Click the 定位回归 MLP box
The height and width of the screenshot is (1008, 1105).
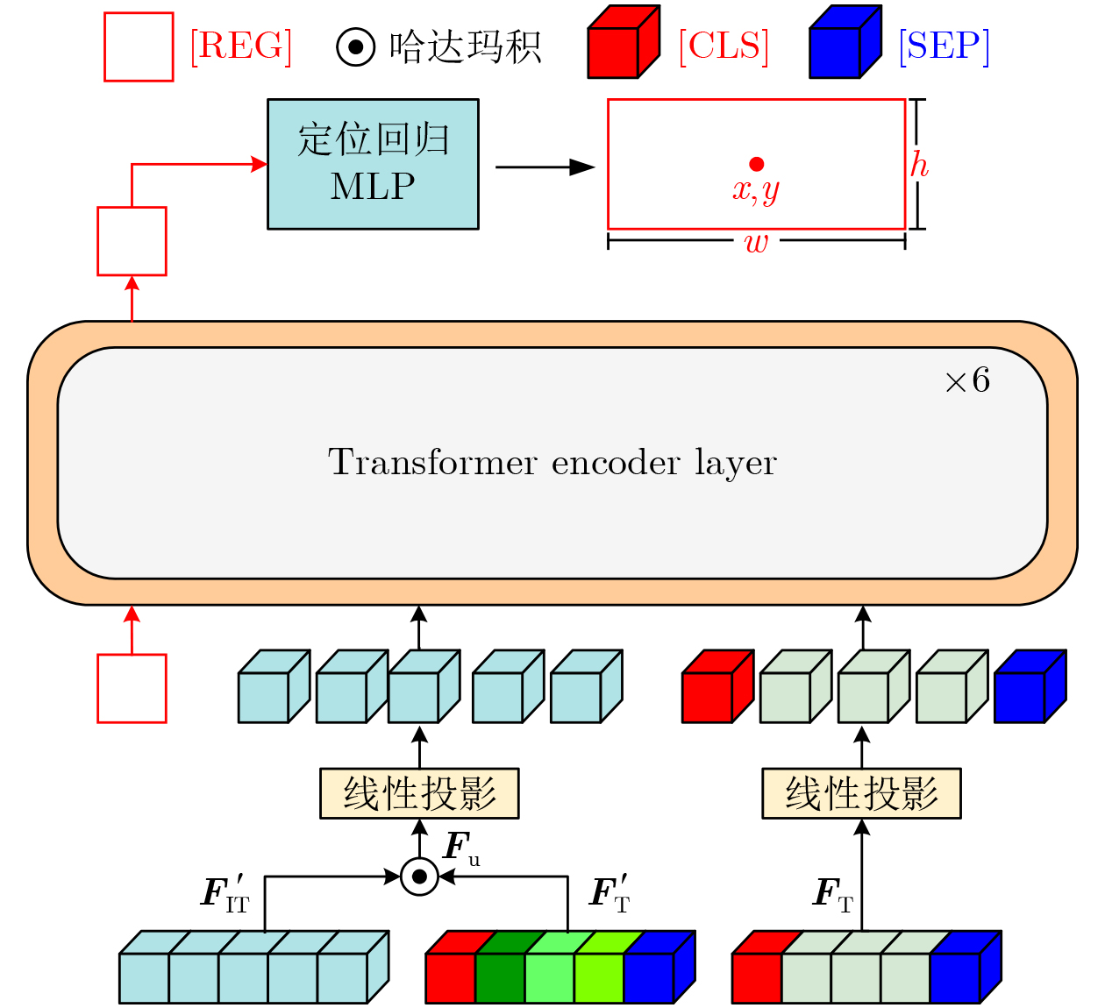(373, 164)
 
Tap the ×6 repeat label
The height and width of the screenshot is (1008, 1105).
(967, 380)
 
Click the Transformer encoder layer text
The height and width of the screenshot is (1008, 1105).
(552, 462)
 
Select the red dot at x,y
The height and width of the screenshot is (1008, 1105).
(757, 164)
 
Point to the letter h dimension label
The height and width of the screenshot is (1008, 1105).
(918, 165)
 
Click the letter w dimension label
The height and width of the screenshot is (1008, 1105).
(756, 243)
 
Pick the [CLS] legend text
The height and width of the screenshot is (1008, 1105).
(724, 46)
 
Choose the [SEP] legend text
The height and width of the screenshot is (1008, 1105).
(945, 46)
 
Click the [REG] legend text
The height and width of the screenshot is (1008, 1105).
(241, 46)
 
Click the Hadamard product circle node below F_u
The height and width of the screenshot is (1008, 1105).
(419, 876)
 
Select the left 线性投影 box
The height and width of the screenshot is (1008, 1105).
(419, 793)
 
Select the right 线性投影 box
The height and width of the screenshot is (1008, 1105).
(861, 793)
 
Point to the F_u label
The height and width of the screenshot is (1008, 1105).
(461, 848)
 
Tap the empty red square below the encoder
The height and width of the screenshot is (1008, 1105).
(132, 688)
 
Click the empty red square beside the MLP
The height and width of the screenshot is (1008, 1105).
(132, 241)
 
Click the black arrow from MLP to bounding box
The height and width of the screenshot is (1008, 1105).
(544, 167)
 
